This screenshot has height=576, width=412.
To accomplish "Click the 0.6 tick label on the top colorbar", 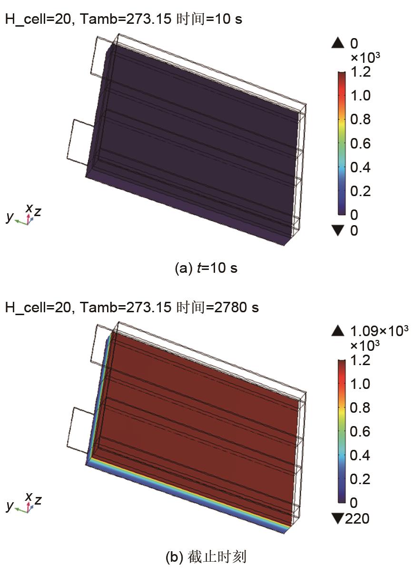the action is coord(360,143).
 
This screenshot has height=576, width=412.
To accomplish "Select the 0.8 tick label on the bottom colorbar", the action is coord(360,407).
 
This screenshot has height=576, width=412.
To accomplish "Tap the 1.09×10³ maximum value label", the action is coord(379,331).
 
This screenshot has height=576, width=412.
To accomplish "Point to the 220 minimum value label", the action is coord(357,518).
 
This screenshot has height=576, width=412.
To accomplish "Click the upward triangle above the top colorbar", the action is coord(338,43).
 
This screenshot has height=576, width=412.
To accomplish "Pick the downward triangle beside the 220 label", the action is coord(338,518).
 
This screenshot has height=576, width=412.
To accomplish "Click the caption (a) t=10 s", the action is coord(206,268).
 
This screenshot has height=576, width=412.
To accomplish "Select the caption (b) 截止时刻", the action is coord(206,557).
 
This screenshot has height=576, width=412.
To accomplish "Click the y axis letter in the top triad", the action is coord(10,217).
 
